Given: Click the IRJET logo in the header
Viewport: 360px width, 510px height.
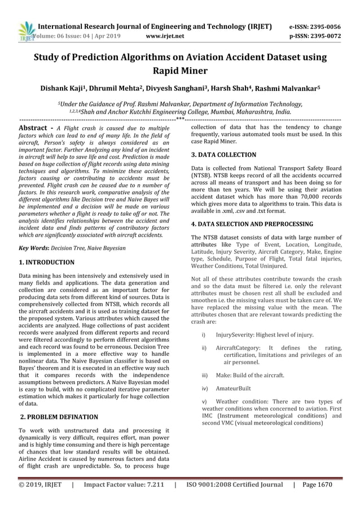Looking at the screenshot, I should (27, 31).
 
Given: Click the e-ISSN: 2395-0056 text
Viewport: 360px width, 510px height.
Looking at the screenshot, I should (315, 27).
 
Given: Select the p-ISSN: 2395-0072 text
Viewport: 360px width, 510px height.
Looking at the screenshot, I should (315, 36).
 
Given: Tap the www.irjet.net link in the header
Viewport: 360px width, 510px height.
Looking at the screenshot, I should (165, 36).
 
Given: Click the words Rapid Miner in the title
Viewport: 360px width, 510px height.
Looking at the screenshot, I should (180, 72).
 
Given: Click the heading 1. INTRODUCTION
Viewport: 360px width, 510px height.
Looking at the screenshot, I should (47, 263).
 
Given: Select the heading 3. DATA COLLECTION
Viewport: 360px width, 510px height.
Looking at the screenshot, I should (223, 154).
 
